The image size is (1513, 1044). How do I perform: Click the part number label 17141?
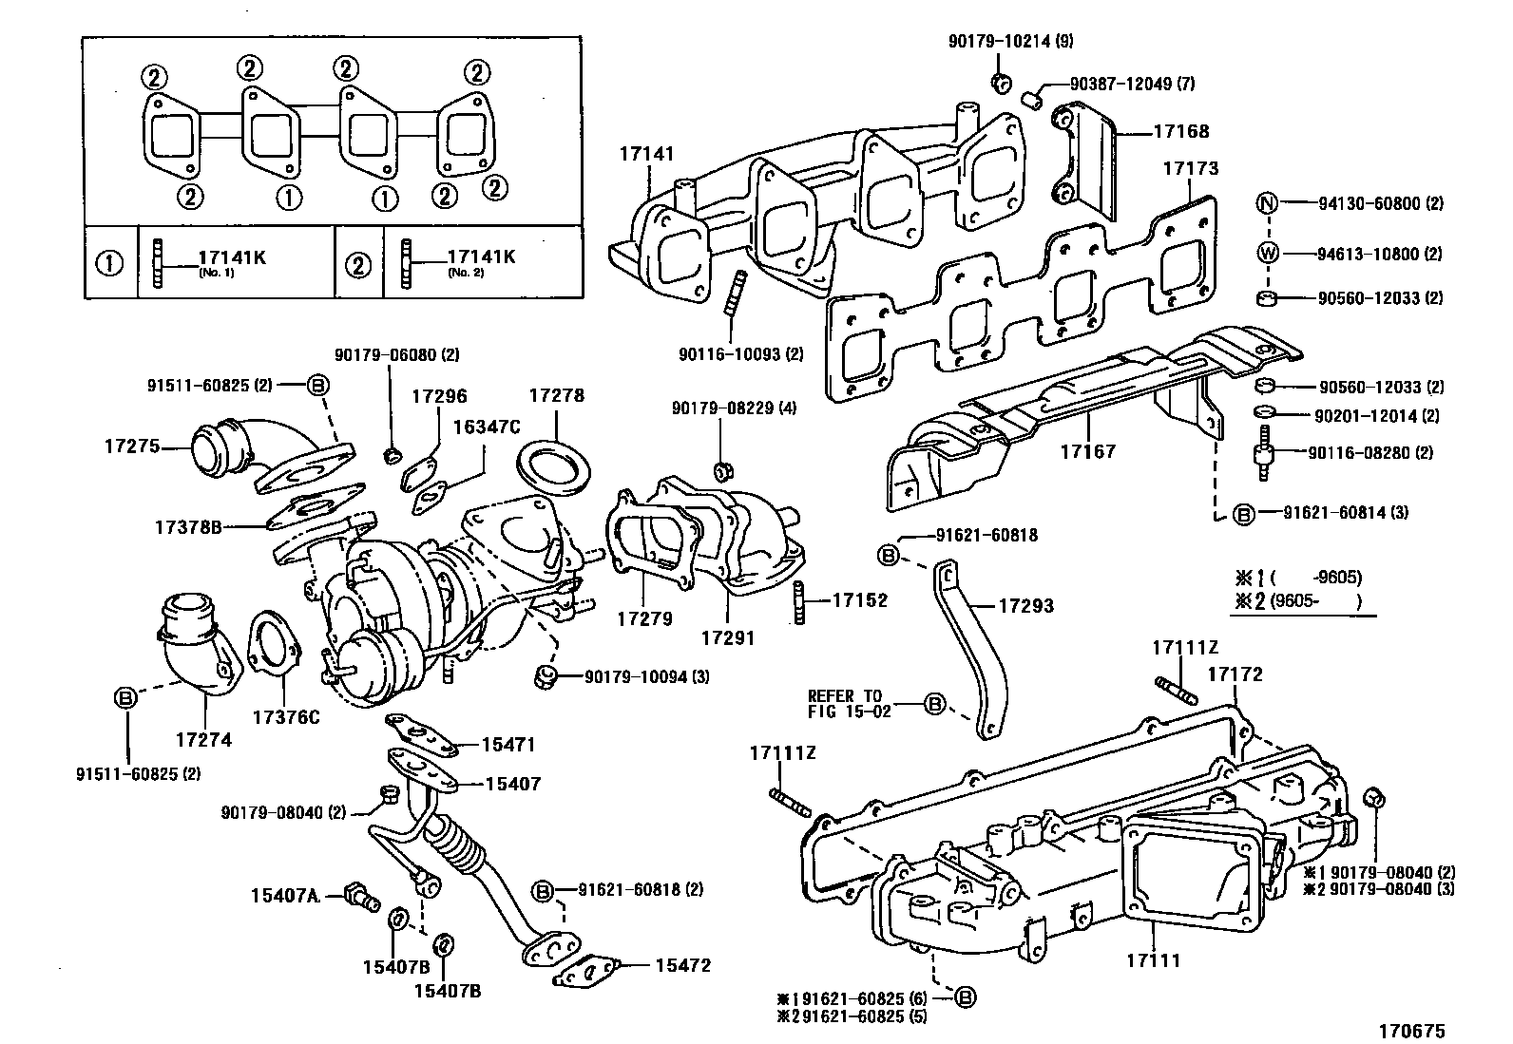[646, 152]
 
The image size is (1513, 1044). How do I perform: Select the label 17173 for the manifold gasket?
[1190, 168]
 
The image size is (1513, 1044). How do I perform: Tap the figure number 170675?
[1412, 1030]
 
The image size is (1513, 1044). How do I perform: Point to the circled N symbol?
[1267, 203]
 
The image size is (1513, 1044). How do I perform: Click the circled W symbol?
[1267, 254]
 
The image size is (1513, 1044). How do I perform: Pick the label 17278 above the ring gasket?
[556, 395]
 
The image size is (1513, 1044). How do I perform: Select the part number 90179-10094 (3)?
[646, 676]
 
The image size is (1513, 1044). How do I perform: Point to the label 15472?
[682, 965]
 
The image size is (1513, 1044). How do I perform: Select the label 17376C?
[285, 717]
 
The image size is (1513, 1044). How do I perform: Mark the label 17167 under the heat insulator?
[1088, 451]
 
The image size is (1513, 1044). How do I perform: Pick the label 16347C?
[486, 427]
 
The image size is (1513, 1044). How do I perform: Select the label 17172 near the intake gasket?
[1235, 674]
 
